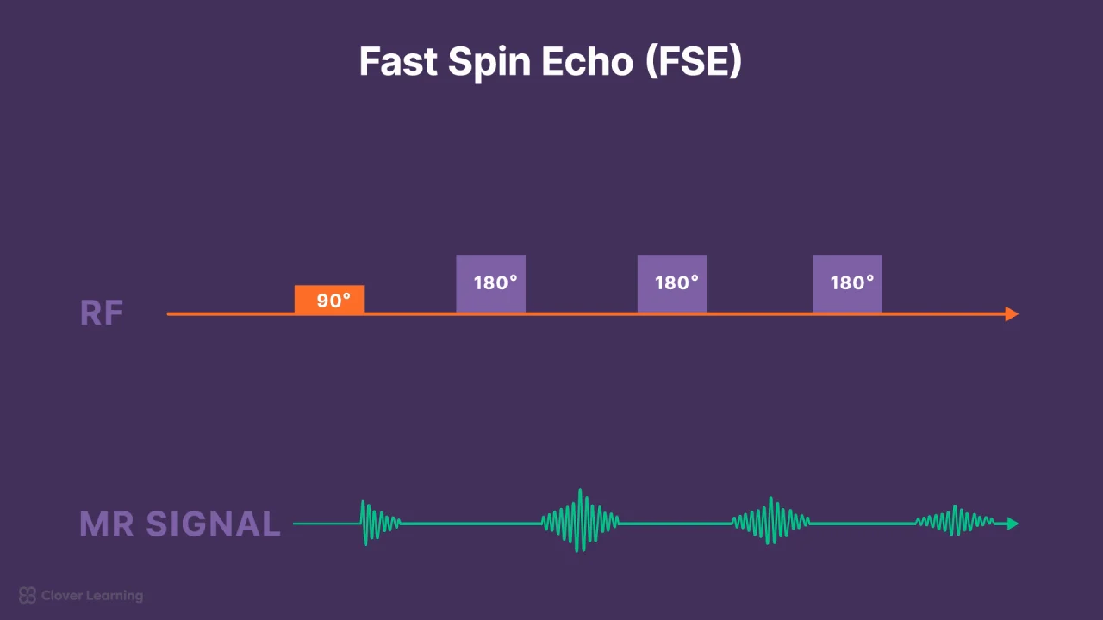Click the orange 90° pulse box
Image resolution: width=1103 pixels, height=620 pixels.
coord(329,299)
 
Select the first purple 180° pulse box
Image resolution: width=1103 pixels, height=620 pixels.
coord(490,283)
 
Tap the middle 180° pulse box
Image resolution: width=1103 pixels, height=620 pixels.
coord(672,283)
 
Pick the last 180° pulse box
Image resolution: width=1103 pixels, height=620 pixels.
coord(847,283)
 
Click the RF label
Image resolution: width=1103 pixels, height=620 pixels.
coord(102,313)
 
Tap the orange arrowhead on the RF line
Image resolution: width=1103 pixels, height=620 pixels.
coord(1012,314)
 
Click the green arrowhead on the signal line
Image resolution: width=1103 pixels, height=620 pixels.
coord(1012,524)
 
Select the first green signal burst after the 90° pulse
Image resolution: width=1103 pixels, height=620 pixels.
coord(377,523)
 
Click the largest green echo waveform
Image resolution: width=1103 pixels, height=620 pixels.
coord(581,522)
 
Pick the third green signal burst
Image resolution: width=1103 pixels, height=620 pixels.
coord(770,522)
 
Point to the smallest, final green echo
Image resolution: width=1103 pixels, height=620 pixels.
coord(955,522)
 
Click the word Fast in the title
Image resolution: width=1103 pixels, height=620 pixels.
coord(397,62)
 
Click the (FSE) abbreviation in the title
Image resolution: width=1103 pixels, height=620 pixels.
coord(694,62)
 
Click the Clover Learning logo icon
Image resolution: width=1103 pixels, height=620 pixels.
coord(28,595)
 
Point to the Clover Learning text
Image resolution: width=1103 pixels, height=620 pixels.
coord(92,595)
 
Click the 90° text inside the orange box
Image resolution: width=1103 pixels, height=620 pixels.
coord(334,301)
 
